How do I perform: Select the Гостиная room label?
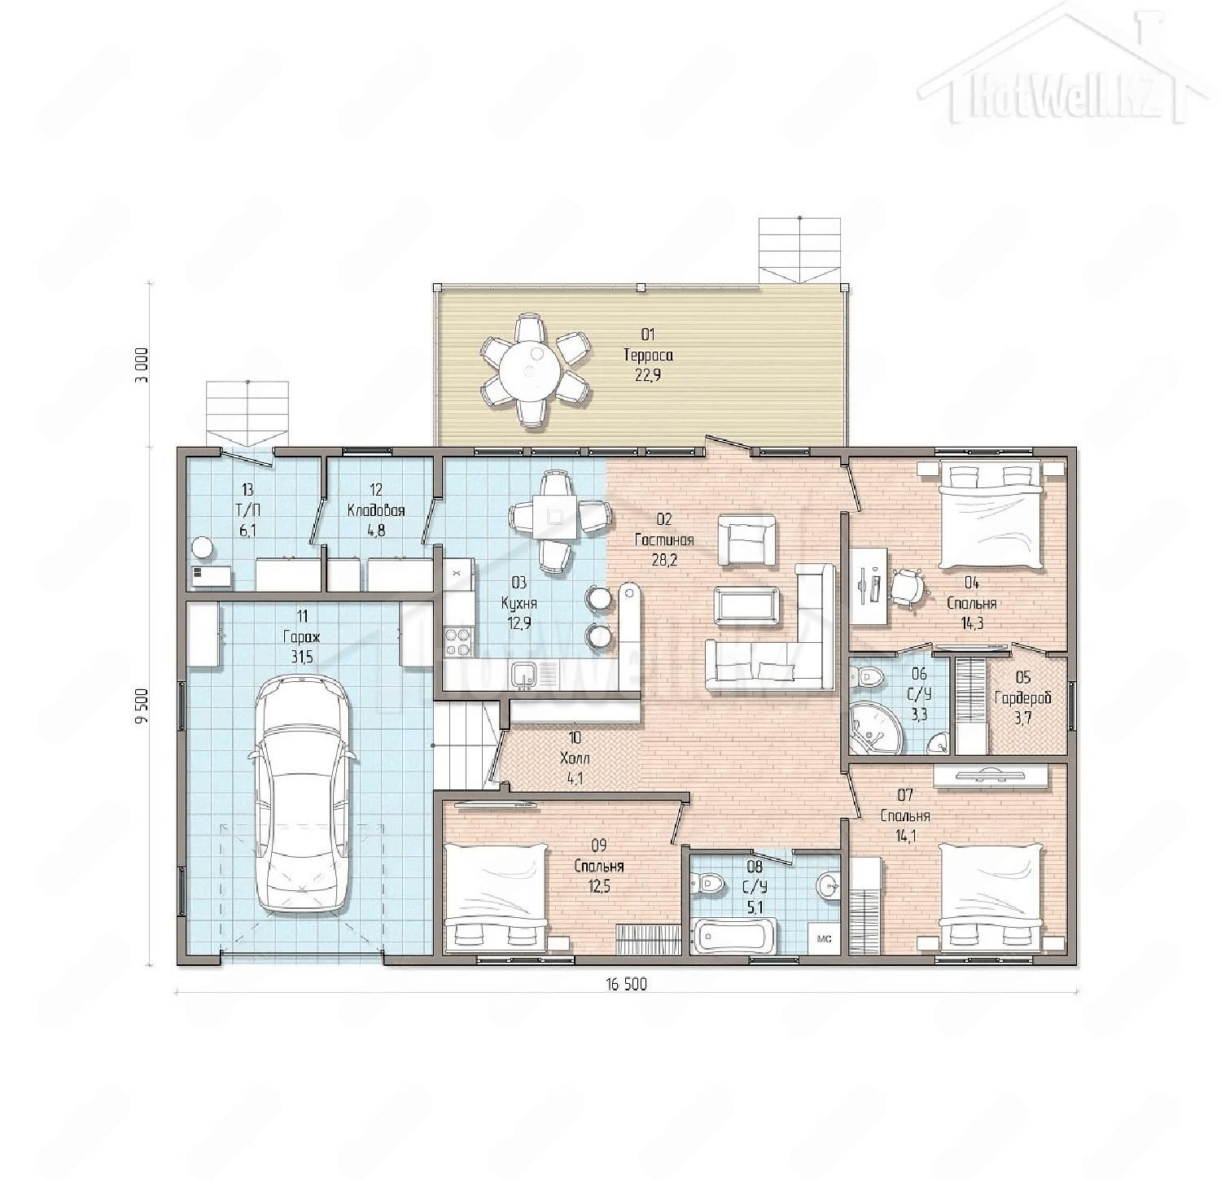click(664, 540)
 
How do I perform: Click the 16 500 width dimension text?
click(625, 985)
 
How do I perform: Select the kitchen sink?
click(522, 673)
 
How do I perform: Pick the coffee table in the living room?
click(746, 605)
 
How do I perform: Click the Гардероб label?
click(1024, 697)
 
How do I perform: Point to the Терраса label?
click(648, 355)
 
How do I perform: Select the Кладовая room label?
click(376, 510)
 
